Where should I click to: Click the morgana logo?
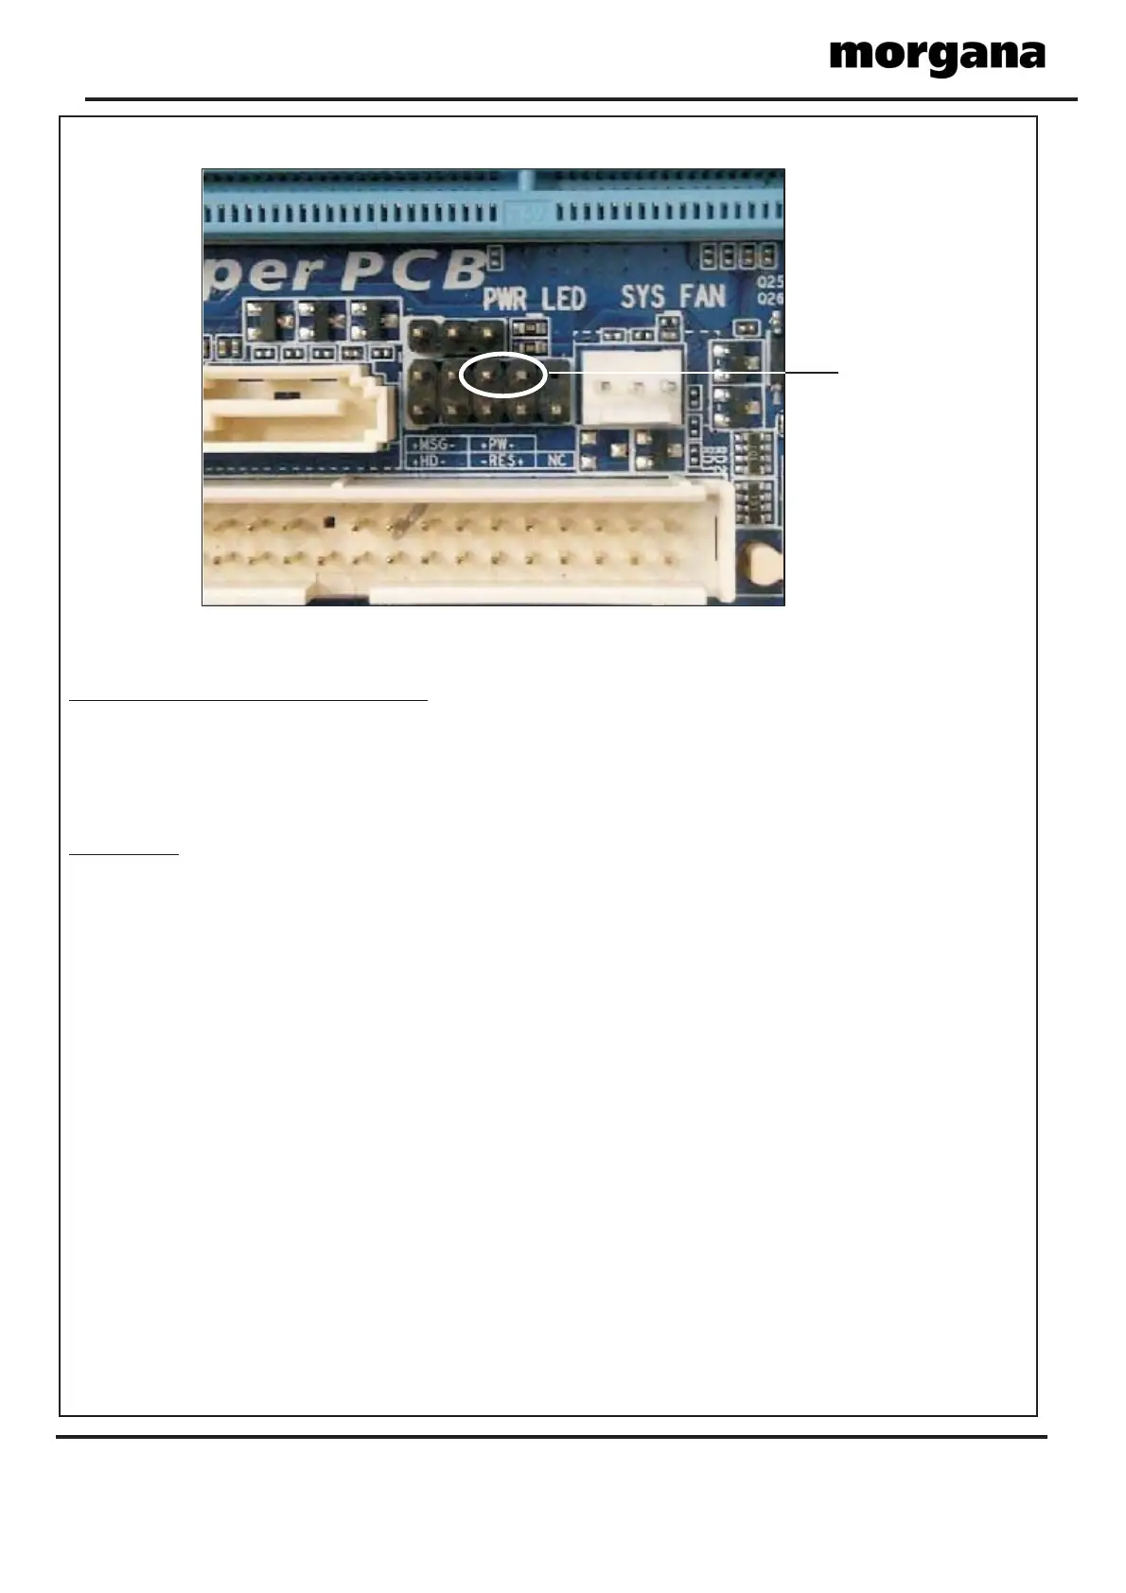[937, 58]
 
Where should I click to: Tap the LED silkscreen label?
[564, 300]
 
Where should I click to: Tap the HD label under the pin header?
[433, 461]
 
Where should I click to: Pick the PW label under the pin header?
[498, 444]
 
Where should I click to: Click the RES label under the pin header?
[501, 461]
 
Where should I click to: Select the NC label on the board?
[555, 461]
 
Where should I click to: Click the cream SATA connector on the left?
[293, 407]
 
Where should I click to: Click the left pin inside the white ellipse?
[485, 376]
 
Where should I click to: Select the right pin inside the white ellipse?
[519, 376]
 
